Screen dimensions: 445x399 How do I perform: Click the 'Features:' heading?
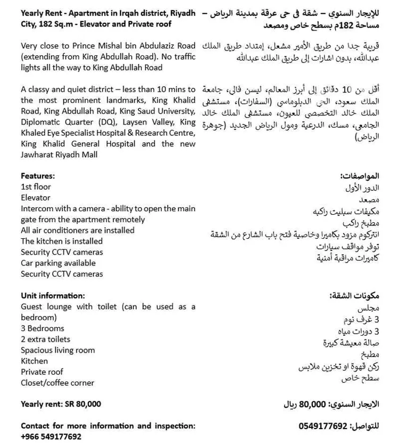pyautogui.click(x=38, y=176)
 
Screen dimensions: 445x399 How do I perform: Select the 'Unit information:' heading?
pyautogui.click(x=53, y=296)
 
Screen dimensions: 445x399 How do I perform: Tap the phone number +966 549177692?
pyautogui.click(x=51, y=436)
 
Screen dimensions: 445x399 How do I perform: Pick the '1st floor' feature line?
pyautogui.click(x=36, y=187)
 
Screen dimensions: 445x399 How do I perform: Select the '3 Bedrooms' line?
pyautogui.click(x=43, y=328)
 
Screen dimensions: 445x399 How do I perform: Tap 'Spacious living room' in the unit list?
pyautogui.click(x=58, y=350)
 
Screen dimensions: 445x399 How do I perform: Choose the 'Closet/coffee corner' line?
pyautogui.click(x=57, y=383)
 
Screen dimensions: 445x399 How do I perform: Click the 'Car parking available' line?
pyautogui.click(x=59, y=263)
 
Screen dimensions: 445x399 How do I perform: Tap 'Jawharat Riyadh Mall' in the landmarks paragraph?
pyautogui.click(x=59, y=155)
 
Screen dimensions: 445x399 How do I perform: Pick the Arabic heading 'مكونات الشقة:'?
pyautogui.click(x=355, y=296)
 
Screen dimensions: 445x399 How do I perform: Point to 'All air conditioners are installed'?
pyautogui.click(x=78, y=230)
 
